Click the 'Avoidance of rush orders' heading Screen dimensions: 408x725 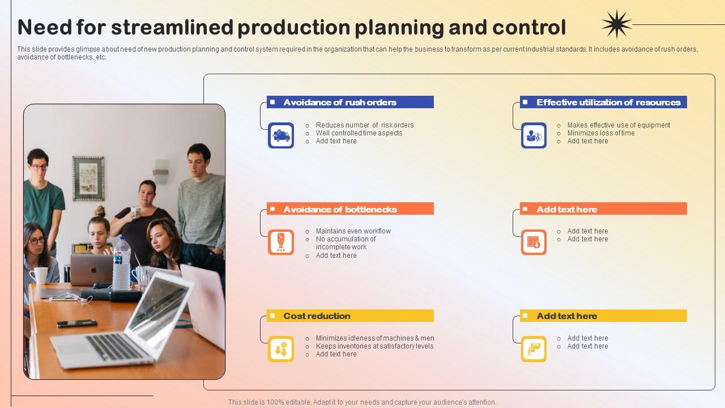[340, 103]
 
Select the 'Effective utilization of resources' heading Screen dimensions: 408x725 [608, 103]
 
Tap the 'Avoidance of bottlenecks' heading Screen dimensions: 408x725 [340, 210]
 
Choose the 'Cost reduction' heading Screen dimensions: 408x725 [317, 316]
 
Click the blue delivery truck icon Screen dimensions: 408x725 [281, 136]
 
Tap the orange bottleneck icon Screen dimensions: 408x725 [281, 243]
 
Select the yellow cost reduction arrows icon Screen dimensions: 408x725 [281, 349]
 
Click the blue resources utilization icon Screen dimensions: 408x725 [534, 136]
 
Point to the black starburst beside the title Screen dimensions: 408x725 [616, 24]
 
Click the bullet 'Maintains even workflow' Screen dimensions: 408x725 [353, 231]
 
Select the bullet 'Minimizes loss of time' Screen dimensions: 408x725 [600, 133]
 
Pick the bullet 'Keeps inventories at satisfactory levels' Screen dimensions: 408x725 [374, 346]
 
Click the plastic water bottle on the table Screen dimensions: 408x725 [121, 265]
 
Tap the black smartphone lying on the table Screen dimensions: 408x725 [77, 324]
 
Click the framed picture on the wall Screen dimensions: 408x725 [88, 178]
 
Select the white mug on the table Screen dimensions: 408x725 [39, 276]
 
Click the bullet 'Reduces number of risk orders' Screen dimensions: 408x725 [364, 125]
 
